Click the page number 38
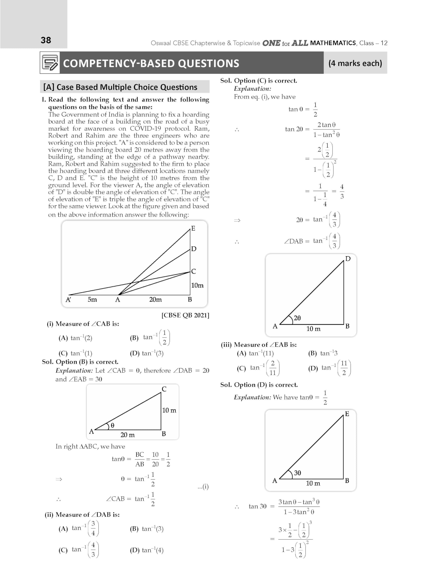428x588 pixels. coord(46,40)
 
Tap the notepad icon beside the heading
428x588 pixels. coord(50,62)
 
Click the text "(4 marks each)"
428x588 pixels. coord(355,63)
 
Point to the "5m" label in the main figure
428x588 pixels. coord(92,300)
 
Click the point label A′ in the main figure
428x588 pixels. coord(68,300)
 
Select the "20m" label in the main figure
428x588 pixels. coord(155,300)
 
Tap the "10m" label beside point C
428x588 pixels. coord(197,286)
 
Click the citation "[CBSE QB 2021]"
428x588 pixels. coord(185,315)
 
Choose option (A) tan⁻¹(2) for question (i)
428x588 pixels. coord(75,338)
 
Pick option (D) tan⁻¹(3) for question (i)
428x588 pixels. coord(147,353)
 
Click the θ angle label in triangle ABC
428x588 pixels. coord(112,425)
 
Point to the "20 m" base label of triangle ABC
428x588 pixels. coord(127,435)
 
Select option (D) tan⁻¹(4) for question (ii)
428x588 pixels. coord(147,550)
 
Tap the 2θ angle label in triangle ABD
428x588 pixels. coord(297,318)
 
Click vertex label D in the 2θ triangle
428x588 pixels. coord(348,259)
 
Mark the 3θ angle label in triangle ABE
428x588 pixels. coord(297,473)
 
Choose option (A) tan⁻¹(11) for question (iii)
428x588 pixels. coord(255,353)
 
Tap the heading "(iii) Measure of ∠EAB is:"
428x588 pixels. coord(259,345)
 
